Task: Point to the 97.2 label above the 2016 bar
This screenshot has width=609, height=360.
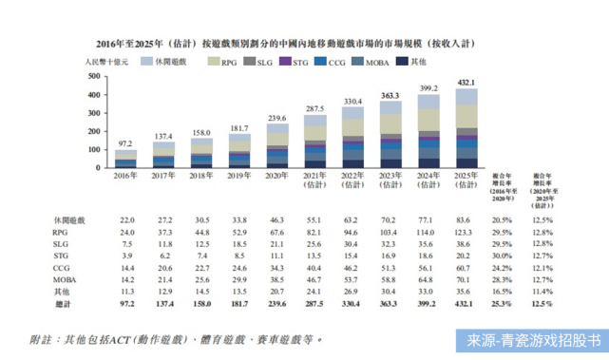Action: point(125,143)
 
